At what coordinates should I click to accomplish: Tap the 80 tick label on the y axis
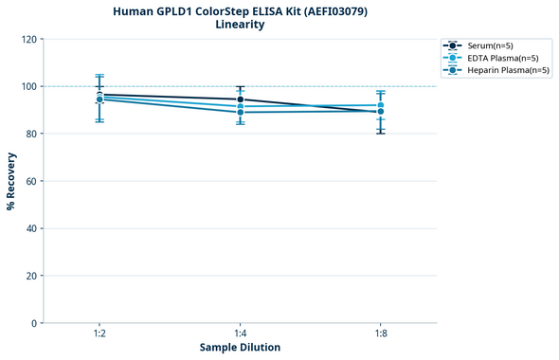click(30, 134)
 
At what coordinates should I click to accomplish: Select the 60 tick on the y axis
click(30, 181)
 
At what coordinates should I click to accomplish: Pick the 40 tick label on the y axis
click(30, 228)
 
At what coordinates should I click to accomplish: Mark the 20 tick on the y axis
click(30, 276)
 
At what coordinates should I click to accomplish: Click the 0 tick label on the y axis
click(33, 323)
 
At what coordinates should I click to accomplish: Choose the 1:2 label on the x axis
click(99, 333)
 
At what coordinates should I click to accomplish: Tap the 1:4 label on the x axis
click(240, 333)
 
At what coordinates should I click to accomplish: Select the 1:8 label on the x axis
click(381, 333)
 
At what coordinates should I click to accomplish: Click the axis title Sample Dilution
click(240, 348)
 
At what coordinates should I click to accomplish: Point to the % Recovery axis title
click(11, 181)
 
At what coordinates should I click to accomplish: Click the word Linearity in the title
click(240, 25)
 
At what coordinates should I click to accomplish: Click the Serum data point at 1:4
click(241, 99)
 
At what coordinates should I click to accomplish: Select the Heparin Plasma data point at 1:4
click(241, 112)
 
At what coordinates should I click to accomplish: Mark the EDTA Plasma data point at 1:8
click(381, 105)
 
